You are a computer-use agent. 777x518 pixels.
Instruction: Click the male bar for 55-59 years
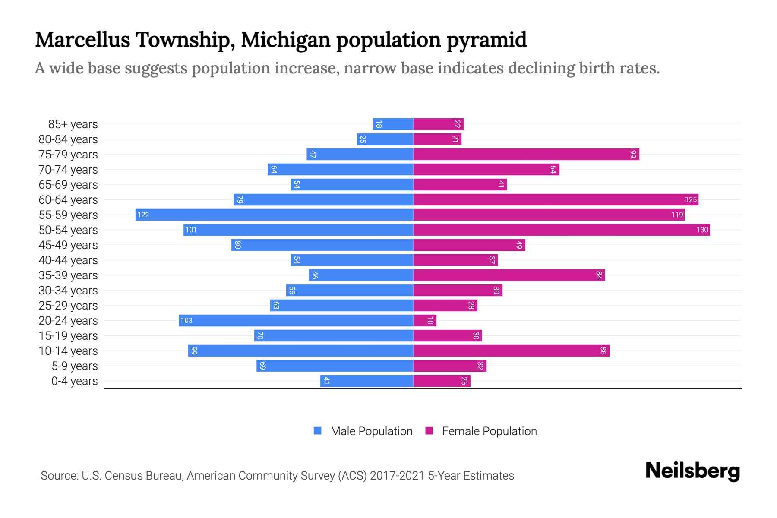click(275, 215)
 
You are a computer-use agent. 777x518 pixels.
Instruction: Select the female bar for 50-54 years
click(561, 230)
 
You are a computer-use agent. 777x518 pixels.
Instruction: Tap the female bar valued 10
click(425, 320)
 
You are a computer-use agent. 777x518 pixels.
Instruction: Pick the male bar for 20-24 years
click(296, 320)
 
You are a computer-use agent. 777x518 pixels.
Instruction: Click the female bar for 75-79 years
click(526, 154)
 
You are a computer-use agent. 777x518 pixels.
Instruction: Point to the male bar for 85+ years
click(393, 124)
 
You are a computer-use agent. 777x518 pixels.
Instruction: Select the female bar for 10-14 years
click(511, 351)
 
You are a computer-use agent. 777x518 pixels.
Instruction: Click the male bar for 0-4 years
click(367, 381)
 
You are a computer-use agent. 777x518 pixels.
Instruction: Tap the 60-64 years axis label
click(68, 200)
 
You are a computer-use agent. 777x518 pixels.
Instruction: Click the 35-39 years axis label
click(68, 275)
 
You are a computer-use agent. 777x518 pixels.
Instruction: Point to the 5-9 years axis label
click(75, 366)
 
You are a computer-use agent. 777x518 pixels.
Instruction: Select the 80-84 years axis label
click(68, 139)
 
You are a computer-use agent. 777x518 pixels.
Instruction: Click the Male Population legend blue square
click(318, 431)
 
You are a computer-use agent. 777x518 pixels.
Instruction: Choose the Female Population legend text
click(489, 431)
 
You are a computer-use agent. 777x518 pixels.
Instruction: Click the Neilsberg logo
click(692, 471)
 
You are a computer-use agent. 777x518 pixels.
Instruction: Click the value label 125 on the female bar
click(691, 199)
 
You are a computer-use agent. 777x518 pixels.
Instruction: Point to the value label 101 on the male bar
click(191, 230)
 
